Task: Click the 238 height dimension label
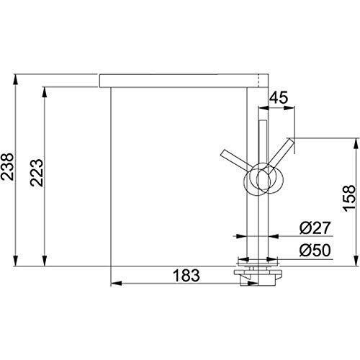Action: (7, 167)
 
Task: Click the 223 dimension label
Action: (37, 173)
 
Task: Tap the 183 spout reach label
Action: (186, 275)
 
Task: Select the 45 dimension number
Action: (279, 98)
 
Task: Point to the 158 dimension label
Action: (348, 198)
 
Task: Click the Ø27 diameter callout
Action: (315, 228)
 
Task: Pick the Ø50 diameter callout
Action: (315, 250)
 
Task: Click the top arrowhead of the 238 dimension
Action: (15, 80)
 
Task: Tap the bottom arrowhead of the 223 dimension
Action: (45, 261)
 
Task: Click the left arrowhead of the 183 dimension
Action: (117, 284)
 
